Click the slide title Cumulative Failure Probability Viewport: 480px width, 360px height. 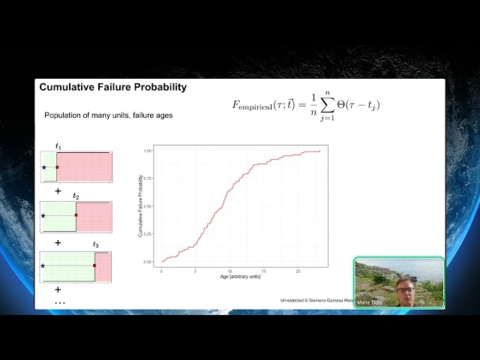[112, 88]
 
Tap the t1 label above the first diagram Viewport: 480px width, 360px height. [58, 145]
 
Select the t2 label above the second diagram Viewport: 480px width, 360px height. [76, 196]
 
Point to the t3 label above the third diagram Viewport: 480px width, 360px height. [95, 245]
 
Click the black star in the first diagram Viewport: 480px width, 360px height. [44, 167]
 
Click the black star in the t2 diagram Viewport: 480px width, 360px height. [43, 216]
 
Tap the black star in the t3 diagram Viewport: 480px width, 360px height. [43, 265]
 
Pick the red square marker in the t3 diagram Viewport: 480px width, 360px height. [94, 265]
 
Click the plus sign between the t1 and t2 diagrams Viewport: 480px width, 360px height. [58, 191]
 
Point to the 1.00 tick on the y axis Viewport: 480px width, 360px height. [148, 151]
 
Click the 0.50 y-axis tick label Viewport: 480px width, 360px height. [148, 206]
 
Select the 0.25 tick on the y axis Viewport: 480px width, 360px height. [148, 234]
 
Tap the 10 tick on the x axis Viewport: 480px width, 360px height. [230, 270]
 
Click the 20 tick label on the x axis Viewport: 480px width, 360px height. [298, 270]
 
